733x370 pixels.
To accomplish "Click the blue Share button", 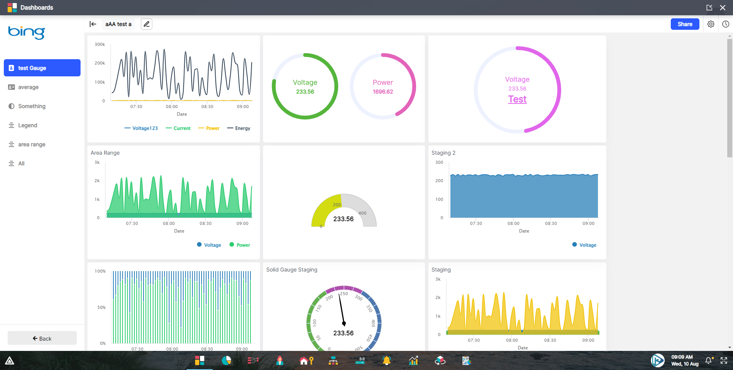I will [685, 24].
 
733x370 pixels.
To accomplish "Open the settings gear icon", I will [710, 24].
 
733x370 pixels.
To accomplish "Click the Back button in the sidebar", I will [42, 338].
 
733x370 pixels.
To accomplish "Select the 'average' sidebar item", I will [28, 87].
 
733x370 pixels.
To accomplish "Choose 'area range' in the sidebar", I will [32, 144].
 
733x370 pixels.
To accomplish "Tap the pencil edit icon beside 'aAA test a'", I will [147, 24].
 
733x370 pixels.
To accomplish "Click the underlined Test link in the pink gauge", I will [517, 99].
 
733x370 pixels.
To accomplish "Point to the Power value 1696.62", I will [383, 92].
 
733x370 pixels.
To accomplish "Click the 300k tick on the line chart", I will [100, 44].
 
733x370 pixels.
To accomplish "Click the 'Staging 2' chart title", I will [443, 153].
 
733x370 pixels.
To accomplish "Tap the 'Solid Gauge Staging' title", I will [291, 270].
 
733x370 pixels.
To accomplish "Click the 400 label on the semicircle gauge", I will [362, 213].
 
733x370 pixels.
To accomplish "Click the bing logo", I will [26, 32].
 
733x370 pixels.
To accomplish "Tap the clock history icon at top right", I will [725, 24].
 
